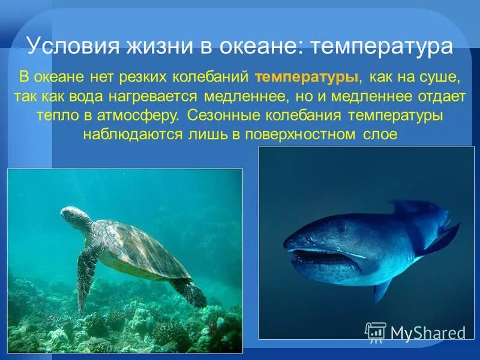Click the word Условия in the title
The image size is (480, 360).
point(68,46)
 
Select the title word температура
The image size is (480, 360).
point(380,46)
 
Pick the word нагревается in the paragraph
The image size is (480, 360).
point(162,97)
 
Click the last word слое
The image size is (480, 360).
point(380,134)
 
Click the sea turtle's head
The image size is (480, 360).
point(73,215)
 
